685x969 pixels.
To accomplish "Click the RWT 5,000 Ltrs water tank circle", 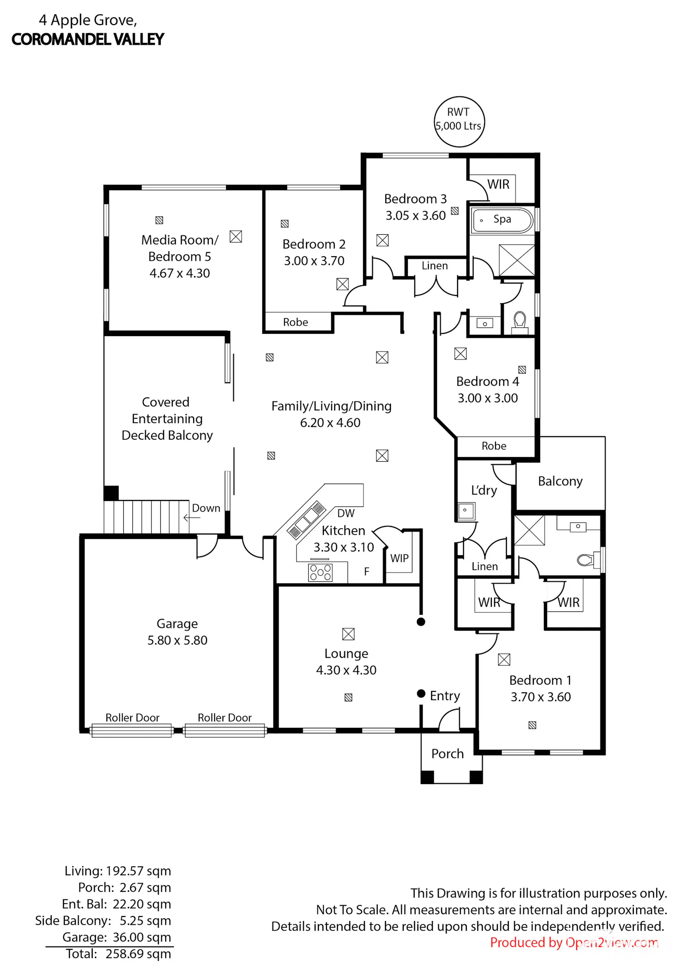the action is tap(459, 97).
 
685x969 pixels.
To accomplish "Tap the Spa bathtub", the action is tap(502, 221).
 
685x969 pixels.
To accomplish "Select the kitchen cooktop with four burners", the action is tap(321, 572).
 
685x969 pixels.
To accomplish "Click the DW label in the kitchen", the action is tap(346, 513).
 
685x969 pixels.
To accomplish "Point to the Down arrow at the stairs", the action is tap(192, 518).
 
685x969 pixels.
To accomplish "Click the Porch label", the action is tap(448, 753).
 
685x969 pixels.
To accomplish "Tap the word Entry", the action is tap(445, 695).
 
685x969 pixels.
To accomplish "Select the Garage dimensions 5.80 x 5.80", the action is tap(177, 640).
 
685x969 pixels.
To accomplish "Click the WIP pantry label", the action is tap(399, 558).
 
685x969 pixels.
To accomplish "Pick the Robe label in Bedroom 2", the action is tap(295, 322).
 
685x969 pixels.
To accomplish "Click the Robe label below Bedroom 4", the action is tap(494, 446).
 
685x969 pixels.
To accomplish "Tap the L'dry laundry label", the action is tap(484, 490).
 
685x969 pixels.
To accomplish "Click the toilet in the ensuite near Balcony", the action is tap(586, 560).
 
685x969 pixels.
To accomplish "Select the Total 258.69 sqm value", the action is tap(138, 954).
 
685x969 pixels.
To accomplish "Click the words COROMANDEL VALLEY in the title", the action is tap(88, 40).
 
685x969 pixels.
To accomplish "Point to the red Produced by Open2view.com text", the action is tap(574, 943).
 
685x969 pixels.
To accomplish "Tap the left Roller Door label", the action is tap(132, 717).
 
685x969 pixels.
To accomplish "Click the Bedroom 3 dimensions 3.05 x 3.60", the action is tap(416, 216).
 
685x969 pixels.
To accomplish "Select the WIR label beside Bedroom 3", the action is tap(498, 184).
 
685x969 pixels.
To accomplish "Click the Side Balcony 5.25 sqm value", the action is tap(145, 921).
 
